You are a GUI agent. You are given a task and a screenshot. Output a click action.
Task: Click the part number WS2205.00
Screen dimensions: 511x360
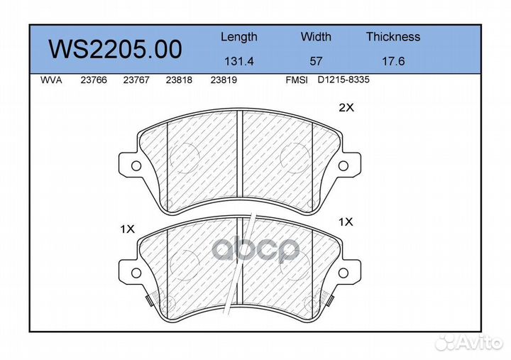click(x=115, y=49)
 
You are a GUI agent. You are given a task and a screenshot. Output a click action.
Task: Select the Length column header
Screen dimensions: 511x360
click(x=239, y=37)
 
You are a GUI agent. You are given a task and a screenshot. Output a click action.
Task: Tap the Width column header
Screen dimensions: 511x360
click(x=316, y=36)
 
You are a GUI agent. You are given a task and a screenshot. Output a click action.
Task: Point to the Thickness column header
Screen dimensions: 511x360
click(x=393, y=36)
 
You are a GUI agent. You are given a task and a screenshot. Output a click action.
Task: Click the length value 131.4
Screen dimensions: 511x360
click(x=239, y=61)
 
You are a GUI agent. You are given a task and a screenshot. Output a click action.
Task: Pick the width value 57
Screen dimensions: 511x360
click(x=316, y=61)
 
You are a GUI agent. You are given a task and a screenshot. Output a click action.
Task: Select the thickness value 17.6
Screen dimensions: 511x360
click(x=393, y=61)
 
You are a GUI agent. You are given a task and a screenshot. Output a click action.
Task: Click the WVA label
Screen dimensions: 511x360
click(x=51, y=80)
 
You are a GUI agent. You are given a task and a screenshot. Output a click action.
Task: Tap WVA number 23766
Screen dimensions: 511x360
click(x=94, y=80)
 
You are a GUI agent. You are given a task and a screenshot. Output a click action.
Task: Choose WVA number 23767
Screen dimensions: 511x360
click(x=136, y=80)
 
